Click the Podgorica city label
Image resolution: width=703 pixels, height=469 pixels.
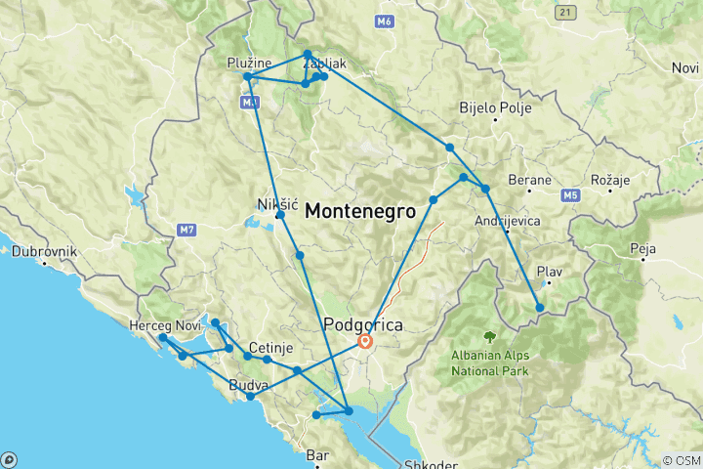364,323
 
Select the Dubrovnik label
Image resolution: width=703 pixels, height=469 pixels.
44,251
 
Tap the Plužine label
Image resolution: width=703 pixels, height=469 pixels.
248,63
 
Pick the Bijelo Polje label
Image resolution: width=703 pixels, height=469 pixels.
495,107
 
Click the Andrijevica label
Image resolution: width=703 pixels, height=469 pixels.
507,221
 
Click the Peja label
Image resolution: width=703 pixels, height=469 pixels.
643,249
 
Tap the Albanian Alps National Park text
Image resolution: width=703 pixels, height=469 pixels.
489,363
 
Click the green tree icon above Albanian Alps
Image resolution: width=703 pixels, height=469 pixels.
489,337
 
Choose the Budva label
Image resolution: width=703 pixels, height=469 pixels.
247,385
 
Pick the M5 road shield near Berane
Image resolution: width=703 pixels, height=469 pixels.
570,196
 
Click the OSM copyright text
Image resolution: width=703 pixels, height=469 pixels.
681,460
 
